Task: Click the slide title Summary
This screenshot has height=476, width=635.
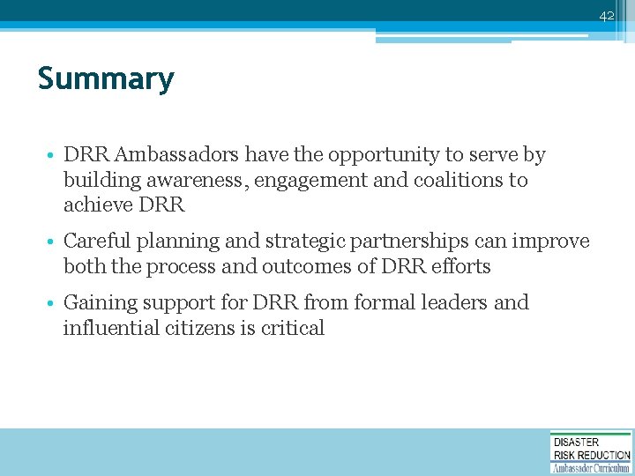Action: point(106,79)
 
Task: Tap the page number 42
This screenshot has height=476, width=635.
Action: point(606,16)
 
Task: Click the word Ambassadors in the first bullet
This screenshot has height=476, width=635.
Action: point(176,155)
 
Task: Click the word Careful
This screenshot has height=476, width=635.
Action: point(96,242)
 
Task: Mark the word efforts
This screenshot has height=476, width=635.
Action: point(453,266)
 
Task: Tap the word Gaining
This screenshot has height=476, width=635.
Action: point(98,303)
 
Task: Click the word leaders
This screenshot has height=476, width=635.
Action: point(449,302)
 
